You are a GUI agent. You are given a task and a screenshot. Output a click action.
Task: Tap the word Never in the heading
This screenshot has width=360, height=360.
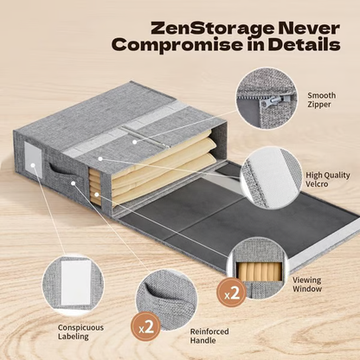click(306, 28)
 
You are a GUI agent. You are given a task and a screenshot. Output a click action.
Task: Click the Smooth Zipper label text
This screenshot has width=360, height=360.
click(321, 100)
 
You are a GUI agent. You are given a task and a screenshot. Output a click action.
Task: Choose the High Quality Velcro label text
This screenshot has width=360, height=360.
click(328, 179)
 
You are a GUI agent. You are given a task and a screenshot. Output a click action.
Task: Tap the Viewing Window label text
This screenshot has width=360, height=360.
click(307, 284)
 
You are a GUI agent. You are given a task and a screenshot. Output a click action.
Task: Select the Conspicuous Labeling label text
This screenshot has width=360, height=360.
click(80, 331)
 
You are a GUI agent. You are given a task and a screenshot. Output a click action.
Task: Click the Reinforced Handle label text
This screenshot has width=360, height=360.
click(209, 336)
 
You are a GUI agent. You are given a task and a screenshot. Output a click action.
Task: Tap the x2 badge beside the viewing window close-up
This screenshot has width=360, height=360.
click(232, 292)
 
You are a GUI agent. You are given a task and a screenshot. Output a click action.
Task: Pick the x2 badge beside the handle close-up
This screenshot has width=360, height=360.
click(146, 326)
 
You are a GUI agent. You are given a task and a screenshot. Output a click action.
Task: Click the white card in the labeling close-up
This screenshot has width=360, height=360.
click(75, 283)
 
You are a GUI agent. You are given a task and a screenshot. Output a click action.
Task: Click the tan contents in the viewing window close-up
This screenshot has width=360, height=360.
click(259, 272)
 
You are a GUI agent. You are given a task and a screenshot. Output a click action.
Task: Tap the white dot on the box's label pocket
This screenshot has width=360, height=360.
click(33, 165)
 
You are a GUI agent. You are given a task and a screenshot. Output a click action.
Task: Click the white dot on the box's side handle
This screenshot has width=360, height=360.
click(74, 183)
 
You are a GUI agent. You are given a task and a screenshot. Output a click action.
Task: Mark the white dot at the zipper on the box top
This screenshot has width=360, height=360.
click(134, 142)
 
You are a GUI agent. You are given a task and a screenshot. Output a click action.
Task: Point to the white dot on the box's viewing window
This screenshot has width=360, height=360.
click(97, 195)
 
